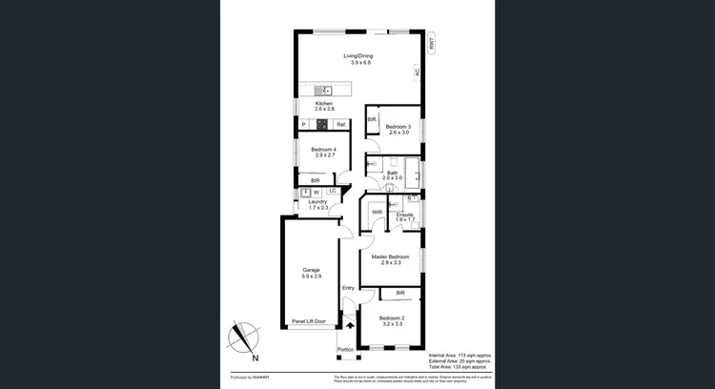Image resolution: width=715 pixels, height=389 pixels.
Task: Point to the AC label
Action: pyautogui.click(x=417, y=72)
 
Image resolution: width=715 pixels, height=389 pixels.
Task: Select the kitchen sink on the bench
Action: pyautogui.click(x=324, y=90)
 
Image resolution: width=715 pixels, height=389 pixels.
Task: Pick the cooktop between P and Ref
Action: pyautogui.click(x=324, y=124)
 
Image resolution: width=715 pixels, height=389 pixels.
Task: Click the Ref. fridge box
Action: pyautogui.click(x=340, y=124)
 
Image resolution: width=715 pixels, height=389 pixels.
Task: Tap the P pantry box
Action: pyautogui.click(x=303, y=124)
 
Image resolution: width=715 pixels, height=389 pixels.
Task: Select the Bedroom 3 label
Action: pyautogui.click(x=398, y=127)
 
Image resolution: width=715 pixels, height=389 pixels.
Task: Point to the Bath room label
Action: pyautogui.click(x=392, y=174)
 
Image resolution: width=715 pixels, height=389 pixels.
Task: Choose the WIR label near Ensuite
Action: pyautogui.click(x=377, y=212)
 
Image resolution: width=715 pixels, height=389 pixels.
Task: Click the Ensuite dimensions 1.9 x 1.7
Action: pyautogui.click(x=405, y=220)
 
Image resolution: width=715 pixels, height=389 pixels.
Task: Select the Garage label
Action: pyautogui.click(x=311, y=270)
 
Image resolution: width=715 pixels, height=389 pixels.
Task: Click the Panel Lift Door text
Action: pyautogui.click(x=309, y=321)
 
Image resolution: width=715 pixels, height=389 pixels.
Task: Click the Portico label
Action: pyautogui.click(x=345, y=350)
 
